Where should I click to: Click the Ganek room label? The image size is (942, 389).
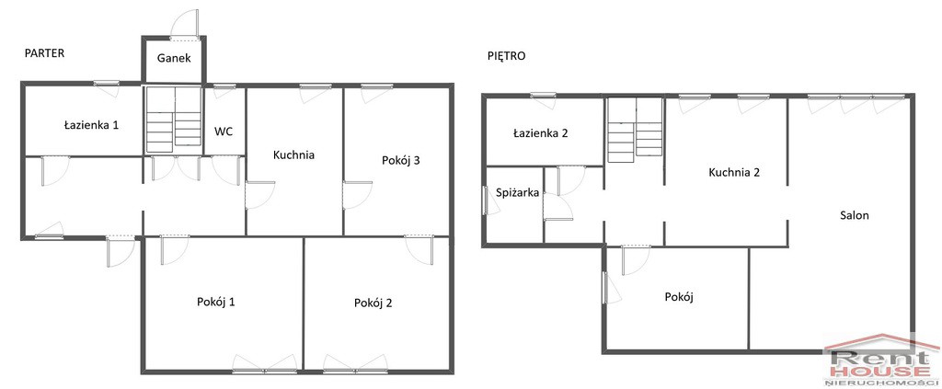(x=174, y=58)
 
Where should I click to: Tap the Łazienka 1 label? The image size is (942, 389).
(x=91, y=125)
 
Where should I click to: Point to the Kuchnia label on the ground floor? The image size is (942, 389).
(x=293, y=154)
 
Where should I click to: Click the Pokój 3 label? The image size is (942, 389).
(x=400, y=160)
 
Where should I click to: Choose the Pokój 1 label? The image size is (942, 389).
(x=215, y=302)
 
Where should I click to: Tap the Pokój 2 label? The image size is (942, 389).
(x=373, y=303)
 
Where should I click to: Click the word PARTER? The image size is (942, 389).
(x=44, y=52)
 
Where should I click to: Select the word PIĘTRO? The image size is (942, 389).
(x=506, y=56)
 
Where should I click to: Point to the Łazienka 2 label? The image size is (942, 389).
(x=541, y=133)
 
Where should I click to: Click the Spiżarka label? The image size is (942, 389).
(x=517, y=193)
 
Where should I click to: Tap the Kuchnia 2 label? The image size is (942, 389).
(x=734, y=172)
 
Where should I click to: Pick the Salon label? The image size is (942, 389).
(x=854, y=215)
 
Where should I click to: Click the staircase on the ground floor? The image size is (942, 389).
(x=174, y=119)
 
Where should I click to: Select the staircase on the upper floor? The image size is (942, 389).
(x=635, y=131)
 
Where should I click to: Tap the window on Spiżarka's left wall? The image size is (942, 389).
(x=485, y=200)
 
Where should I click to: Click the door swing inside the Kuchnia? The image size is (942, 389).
(x=260, y=195)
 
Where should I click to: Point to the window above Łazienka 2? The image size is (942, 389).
(x=543, y=95)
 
